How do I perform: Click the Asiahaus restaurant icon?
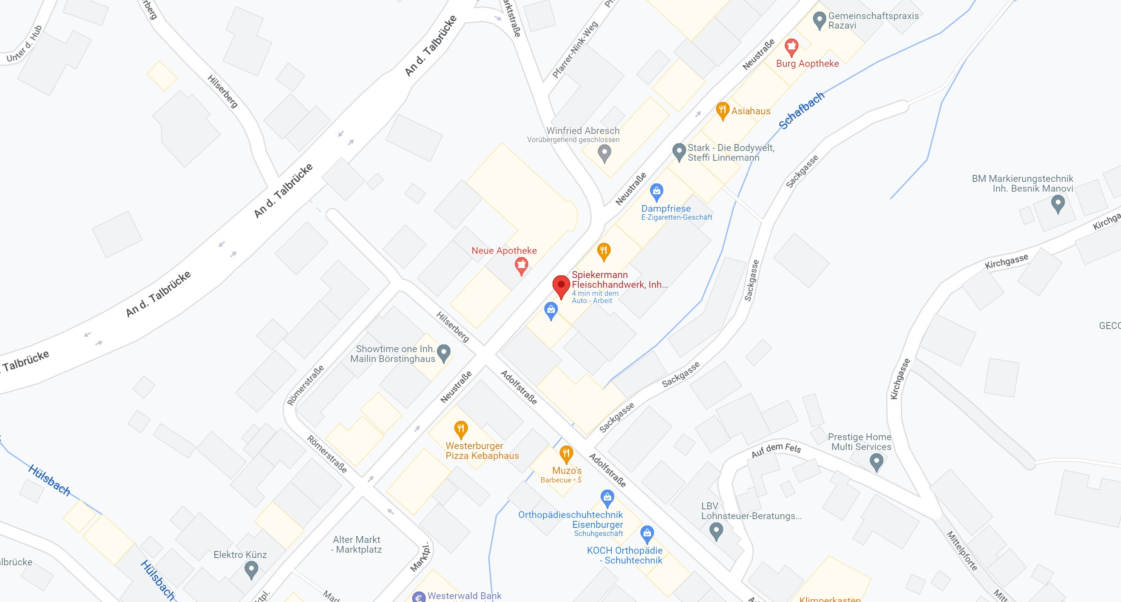coord(722,110)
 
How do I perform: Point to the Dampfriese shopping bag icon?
coord(656,191)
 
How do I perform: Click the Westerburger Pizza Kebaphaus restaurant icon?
coord(460,429)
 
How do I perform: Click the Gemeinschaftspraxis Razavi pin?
coord(819,20)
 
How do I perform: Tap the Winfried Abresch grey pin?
coord(604,153)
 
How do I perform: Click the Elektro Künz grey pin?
coord(251,569)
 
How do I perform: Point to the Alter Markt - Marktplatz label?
coord(356,544)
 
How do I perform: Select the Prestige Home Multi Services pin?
coord(876,461)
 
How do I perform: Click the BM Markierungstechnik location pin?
coord(1057,203)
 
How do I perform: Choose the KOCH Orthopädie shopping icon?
coord(647,533)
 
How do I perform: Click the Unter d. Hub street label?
coord(24,44)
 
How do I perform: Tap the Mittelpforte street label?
coord(962,551)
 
